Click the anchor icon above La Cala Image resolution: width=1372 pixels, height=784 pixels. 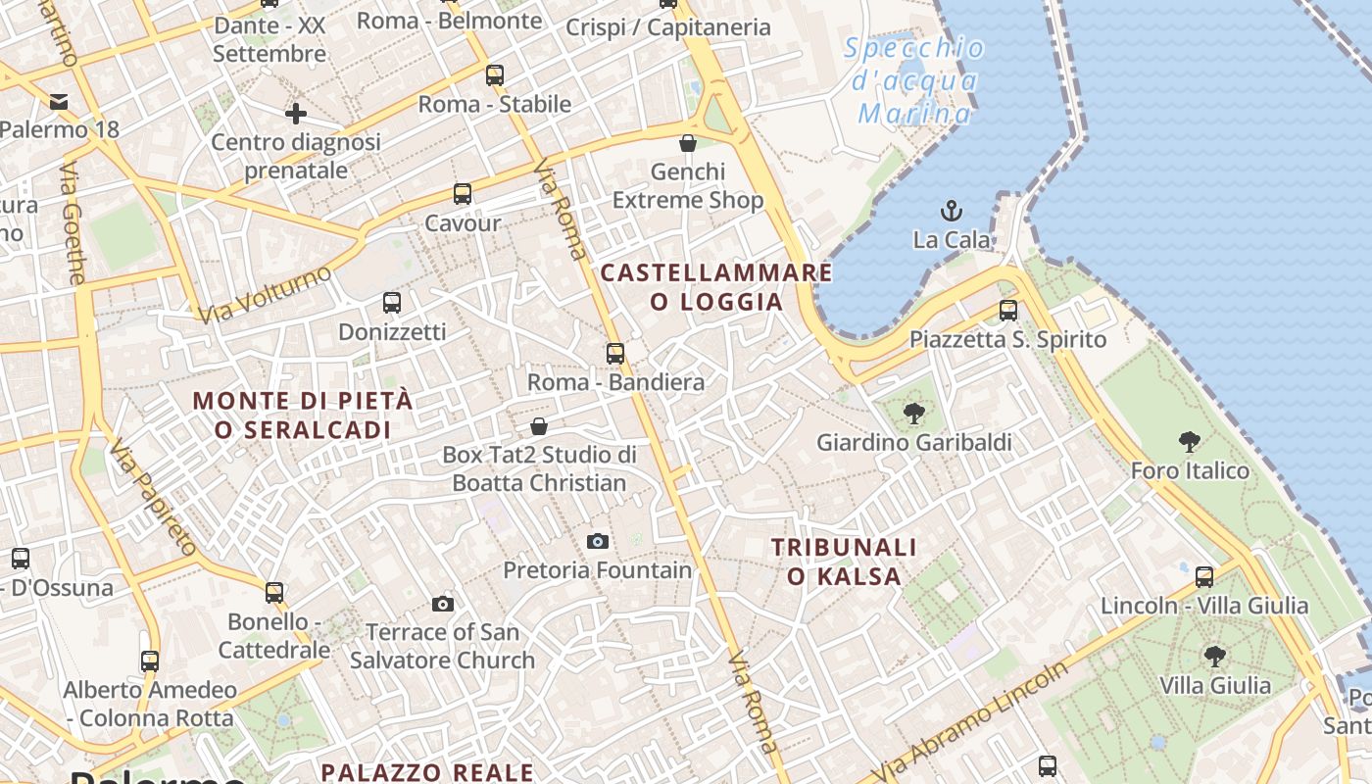[x=950, y=210]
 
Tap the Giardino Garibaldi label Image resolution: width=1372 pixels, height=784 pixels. [x=914, y=442]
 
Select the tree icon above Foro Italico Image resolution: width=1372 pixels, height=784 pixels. [x=1190, y=442]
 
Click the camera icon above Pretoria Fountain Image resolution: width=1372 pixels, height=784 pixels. [x=597, y=541]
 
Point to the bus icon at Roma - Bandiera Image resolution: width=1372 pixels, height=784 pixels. [x=615, y=354]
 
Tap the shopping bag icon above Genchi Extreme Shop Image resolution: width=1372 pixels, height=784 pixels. [x=688, y=143]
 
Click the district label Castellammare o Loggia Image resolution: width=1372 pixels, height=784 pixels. [x=716, y=286]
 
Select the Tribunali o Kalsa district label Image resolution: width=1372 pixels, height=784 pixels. [x=844, y=562]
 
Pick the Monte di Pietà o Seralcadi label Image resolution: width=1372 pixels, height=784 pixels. [x=303, y=415]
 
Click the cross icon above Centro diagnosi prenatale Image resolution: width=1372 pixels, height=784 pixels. [x=296, y=114]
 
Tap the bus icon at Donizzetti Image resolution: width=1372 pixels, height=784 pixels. [x=392, y=303]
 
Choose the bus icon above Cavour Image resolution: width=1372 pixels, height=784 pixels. [x=463, y=194]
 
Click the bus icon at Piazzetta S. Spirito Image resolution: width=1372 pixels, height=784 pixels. [x=1007, y=312]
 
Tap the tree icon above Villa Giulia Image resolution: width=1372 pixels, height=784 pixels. [x=1215, y=657]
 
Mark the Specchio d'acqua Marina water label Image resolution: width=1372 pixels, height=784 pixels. [x=914, y=80]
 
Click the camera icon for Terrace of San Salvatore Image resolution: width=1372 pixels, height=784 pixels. [x=443, y=604]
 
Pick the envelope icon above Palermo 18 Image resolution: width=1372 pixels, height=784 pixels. [x=59, y=101]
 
